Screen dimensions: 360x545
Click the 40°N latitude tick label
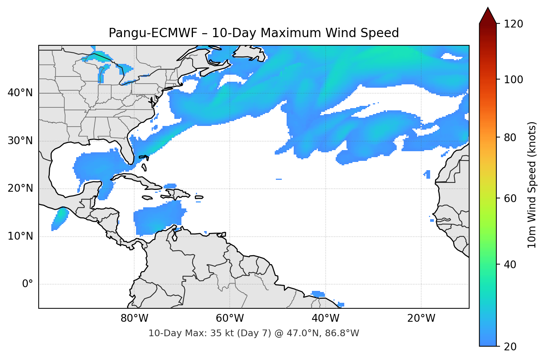click(x=20, y=93)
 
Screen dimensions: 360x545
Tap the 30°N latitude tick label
click(x=20, y=141)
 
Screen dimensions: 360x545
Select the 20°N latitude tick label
click(x=20, y=189)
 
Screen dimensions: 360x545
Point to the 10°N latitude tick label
click(x=20, y=236)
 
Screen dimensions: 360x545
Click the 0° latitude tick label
click(x=28, y=284)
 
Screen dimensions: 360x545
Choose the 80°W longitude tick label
click(x=134, y=318)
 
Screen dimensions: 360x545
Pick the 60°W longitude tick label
click(x=230, y=318)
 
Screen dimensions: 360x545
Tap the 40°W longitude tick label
click(x=325, y=318)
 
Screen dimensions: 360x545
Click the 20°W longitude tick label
click(x=421, y=318)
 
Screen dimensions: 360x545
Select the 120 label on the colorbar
click(x=513, y=24)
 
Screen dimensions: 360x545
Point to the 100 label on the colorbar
click(x=513, y=80)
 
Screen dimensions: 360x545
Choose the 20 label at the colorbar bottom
click(x=510, y=347)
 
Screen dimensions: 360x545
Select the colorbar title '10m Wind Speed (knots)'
click(x=532, y=185)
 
